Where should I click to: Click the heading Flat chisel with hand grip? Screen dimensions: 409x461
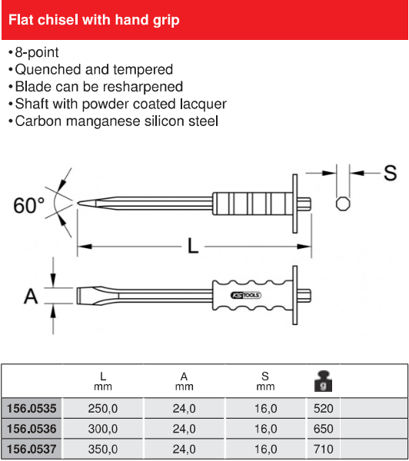94,20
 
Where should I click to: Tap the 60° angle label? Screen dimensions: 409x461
29,205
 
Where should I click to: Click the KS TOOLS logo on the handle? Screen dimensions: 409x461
246,295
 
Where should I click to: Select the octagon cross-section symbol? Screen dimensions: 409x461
343,204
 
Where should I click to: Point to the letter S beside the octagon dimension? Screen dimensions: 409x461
391,173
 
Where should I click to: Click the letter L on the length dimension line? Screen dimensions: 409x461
193,246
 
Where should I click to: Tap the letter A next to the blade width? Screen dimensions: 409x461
31,296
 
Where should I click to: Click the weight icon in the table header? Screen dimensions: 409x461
323,381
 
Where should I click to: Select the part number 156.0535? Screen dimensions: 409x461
32,409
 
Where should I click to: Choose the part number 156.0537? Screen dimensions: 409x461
32,449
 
